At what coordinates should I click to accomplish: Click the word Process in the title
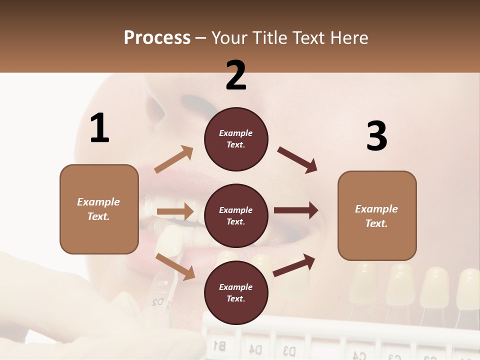(x=157, y=37)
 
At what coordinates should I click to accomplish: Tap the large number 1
(x=99, y=128)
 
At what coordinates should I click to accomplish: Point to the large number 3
(x=376, y=136)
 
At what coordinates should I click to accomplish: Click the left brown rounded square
(x=99, y=209)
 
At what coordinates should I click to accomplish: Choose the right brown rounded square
(x=377, y=216)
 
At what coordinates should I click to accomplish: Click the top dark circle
(x=236, y=139)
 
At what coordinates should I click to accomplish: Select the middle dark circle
(x=236, y=215)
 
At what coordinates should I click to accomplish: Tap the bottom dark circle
(x=236, y=292)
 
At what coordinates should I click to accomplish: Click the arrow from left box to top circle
(x=174, y=159)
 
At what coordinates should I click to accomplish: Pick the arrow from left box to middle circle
(x=175, y=211)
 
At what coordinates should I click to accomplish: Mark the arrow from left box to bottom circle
(x=175, y=266)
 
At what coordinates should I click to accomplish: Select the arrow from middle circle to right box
(x=296, y=210)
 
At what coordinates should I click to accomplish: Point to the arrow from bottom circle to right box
(x=294, y=265)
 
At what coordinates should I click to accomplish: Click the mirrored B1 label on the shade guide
(x=219, y=344)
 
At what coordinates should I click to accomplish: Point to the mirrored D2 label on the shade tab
(x=158, y=302)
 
